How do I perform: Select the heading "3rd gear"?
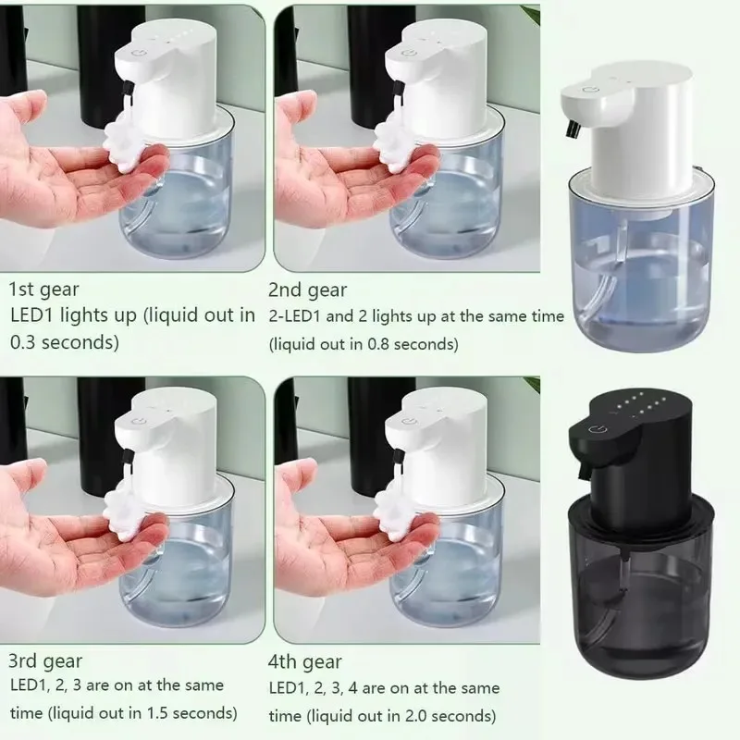pyautogui.click(x=43, y=660)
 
